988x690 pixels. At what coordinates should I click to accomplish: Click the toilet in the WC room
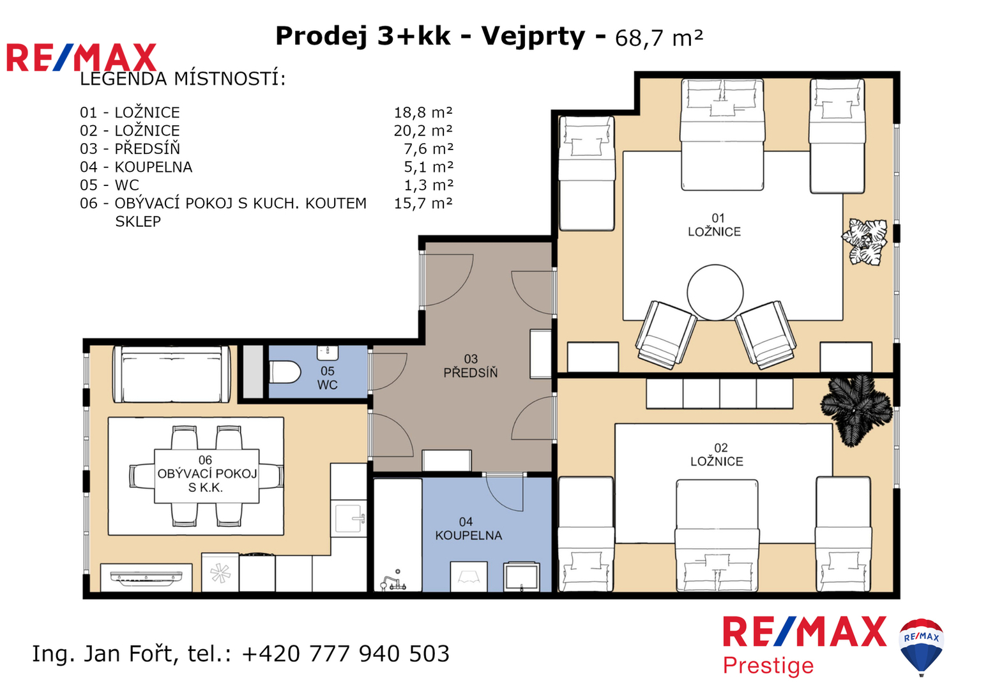tap(284, 372)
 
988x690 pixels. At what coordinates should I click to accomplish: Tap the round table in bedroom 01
tap(715, 292)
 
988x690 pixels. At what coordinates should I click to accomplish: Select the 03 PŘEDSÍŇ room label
tap(471, 365)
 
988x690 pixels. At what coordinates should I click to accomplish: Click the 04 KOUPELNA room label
tap(468, 528)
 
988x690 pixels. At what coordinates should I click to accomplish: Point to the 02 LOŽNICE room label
tap(717, 454)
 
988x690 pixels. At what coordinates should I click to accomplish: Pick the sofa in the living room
tap(172, 374)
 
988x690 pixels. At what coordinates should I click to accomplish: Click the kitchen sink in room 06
tap(349, 519)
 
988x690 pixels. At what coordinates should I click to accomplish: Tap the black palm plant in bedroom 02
tap(856, 410)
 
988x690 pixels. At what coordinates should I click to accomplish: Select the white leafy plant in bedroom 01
tap(865, 241)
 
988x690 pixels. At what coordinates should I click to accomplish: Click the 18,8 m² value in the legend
tap(423, 112)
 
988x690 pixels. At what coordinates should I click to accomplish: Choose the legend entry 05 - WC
tap(109, 185)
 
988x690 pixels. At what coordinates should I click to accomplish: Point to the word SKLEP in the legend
tap(138, 221)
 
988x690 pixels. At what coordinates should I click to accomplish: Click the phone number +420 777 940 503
tap(346, 654)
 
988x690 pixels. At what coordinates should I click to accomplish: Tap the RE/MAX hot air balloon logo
tap(922, 647)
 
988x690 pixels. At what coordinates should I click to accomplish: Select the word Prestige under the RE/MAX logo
tap(768, 666)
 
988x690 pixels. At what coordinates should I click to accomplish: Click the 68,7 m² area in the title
tap(659, 38)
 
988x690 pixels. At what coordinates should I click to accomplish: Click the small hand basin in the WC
tap(328, 353)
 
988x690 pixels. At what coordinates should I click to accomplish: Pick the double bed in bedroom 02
tap(717, 535)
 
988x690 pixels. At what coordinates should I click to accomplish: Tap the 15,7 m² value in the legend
tap(423, 203)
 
